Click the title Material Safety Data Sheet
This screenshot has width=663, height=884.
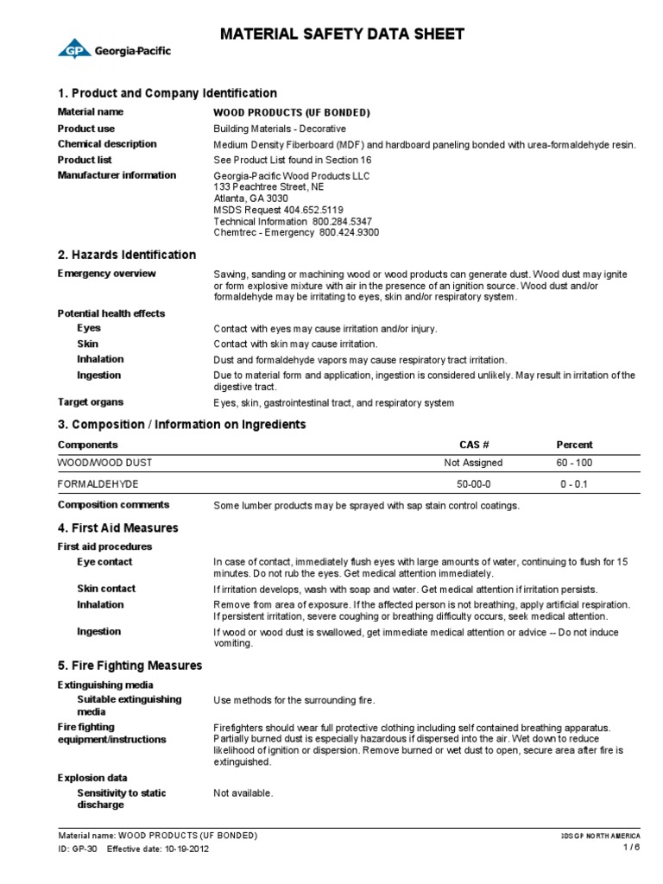coord(343,35)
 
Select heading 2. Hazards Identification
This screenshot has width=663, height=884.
coord(126,255)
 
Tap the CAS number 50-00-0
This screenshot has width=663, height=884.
coord(473,484)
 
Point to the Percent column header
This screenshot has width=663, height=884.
coord(574,445)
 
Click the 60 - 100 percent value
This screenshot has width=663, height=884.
coord(575,464)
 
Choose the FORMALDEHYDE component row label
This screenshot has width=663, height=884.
coord(98,484)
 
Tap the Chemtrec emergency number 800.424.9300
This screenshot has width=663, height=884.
coord(349,233)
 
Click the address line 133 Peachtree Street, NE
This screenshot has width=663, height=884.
coord(269,186)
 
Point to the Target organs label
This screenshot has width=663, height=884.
coord(90,402)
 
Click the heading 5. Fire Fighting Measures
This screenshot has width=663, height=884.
coord(129,666)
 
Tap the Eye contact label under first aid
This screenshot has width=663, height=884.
coord(104,562)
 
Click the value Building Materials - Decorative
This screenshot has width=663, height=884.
coord(286,129)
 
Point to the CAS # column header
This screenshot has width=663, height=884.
coord(474,445)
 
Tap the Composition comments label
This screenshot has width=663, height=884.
coord(113,505)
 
